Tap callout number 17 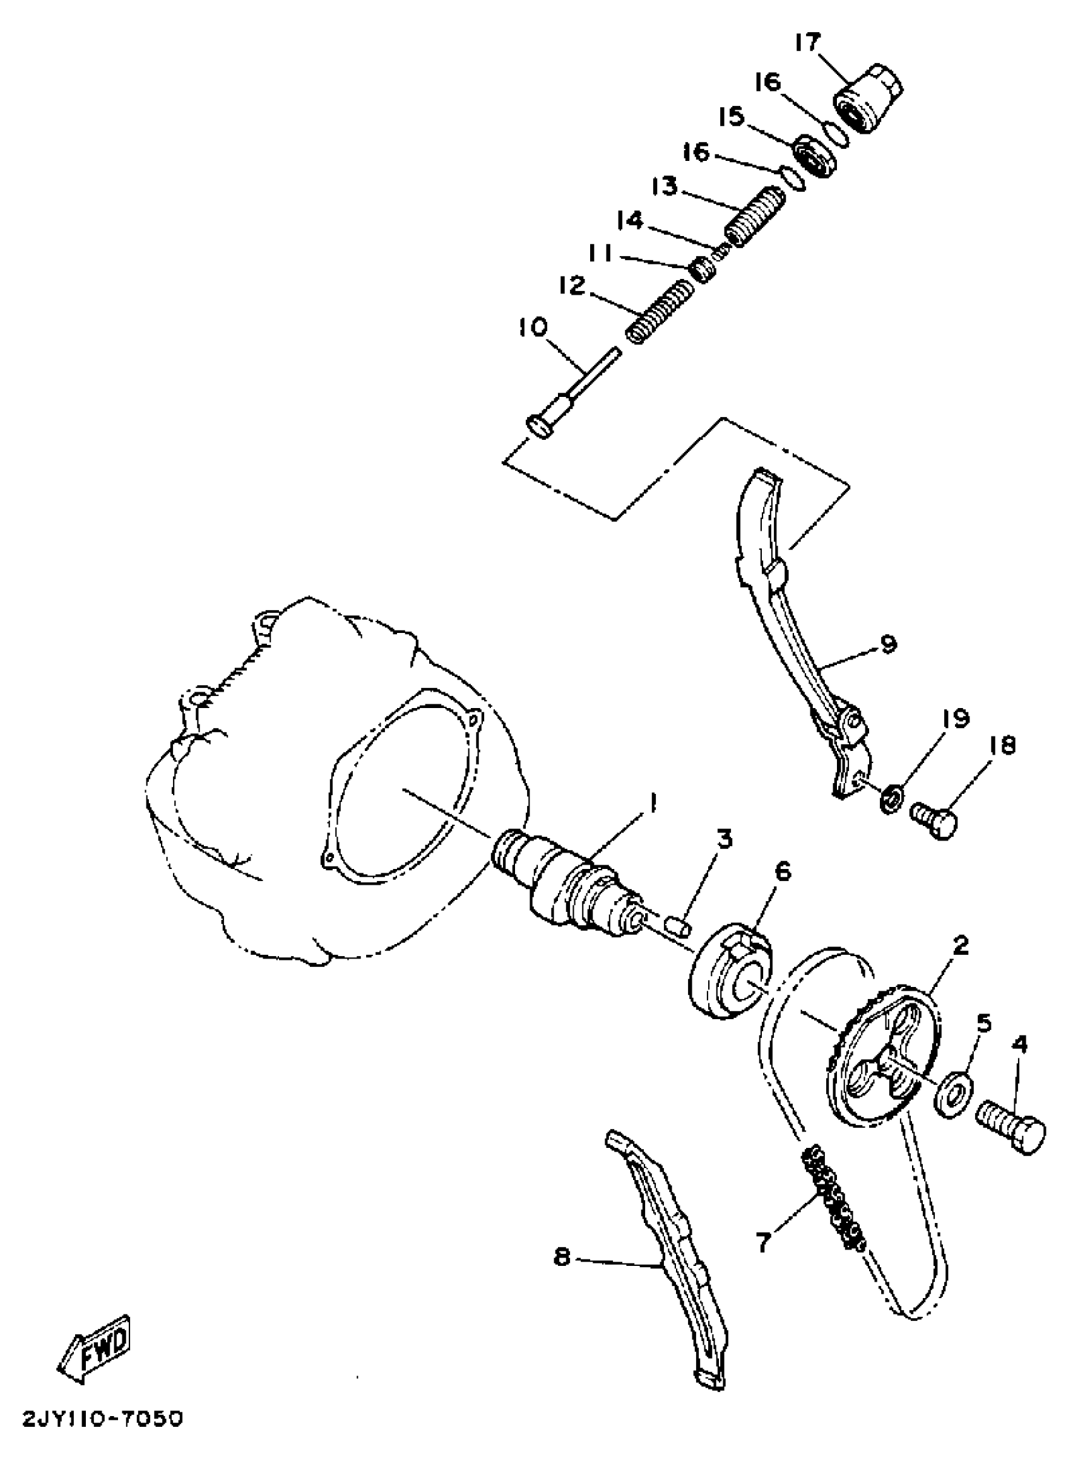807,44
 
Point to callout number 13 665,187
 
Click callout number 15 733,118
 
